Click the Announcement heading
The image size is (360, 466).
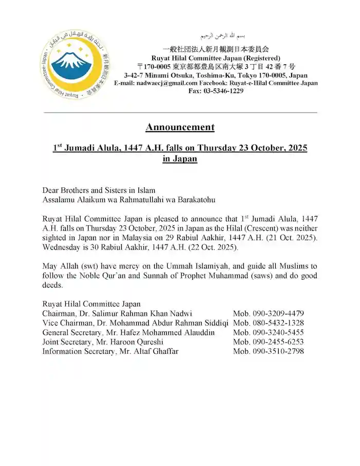pyautogui.click(x=179, y=127)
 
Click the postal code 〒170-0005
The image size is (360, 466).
pyautogui.click(x=154, y=66)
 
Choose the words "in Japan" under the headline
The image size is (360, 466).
pyautogui.click(x=179, y=159)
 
